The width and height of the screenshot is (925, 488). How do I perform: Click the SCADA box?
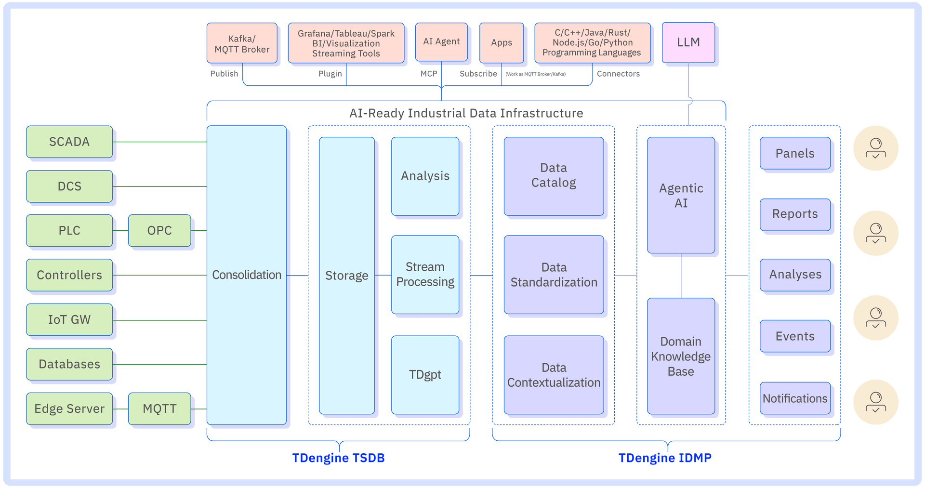69,142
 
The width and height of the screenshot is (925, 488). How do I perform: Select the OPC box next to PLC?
159,231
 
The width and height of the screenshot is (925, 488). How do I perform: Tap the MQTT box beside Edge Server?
159,409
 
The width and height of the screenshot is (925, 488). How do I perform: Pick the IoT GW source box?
69,319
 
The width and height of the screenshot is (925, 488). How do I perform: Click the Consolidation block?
247,275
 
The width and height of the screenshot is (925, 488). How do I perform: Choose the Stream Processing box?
425,275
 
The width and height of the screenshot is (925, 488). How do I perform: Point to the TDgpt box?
425,375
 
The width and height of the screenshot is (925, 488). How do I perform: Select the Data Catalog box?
554,176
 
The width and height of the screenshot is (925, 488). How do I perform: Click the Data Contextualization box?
554,375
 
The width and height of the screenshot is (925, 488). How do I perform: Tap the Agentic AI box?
681,195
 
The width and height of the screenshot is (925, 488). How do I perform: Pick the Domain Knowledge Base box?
681,356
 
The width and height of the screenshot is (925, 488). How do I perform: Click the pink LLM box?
688,42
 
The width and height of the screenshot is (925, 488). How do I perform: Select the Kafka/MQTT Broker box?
242,43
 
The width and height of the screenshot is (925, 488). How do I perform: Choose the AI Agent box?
441,42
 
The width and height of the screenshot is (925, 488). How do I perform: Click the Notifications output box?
795,398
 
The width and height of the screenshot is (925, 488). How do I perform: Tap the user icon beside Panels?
875,148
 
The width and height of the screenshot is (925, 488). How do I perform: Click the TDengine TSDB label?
338,458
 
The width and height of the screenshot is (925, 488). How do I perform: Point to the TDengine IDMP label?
665,458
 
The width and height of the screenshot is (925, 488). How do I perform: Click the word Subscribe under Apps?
478,74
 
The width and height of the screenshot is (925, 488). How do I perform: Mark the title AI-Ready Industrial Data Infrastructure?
466,113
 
